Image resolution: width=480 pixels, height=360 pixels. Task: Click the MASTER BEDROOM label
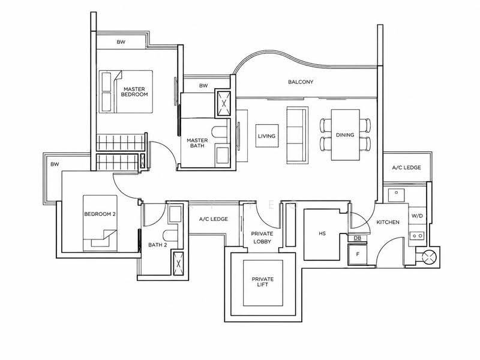click(x=134, y=92)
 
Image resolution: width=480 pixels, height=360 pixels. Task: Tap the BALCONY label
click(x=301, y=82)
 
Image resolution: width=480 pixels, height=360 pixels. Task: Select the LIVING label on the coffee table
click(x=266, y=136)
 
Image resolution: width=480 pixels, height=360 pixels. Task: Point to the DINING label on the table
click(x=345, y=135)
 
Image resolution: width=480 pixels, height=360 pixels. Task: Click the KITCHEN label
click(x=388, y=222)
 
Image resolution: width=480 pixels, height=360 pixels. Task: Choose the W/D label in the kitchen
click(x=417, y=216)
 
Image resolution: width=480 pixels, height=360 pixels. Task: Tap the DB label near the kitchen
click(x=357, y=238)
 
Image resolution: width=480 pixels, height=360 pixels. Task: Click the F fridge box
click(x=358, y=254)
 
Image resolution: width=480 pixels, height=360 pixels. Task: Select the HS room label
click(x=322, y=233)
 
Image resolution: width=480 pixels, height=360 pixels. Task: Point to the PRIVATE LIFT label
click(x=263, y=282)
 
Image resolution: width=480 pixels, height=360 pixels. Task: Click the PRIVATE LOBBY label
click(x=262, y=238)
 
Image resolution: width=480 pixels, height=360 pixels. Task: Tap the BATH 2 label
click(x=158, y=245)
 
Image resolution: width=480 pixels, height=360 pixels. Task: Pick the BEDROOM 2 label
click(x=100, y=214)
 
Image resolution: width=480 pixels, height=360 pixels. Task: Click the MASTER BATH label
click(x=197, y=143)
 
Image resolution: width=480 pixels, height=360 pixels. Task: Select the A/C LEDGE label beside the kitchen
click(x=407, y=168)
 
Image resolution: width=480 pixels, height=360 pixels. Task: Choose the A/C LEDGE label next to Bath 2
click(x=214, y=219)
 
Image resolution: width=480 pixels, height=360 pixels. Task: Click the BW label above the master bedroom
click(x=121, y=42)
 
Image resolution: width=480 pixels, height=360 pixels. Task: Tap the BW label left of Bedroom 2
click(x=55, y=164)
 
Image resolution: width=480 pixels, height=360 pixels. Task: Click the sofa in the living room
click(x=297, y=135)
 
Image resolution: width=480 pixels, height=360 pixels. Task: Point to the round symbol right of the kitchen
click(x=429, y=257)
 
